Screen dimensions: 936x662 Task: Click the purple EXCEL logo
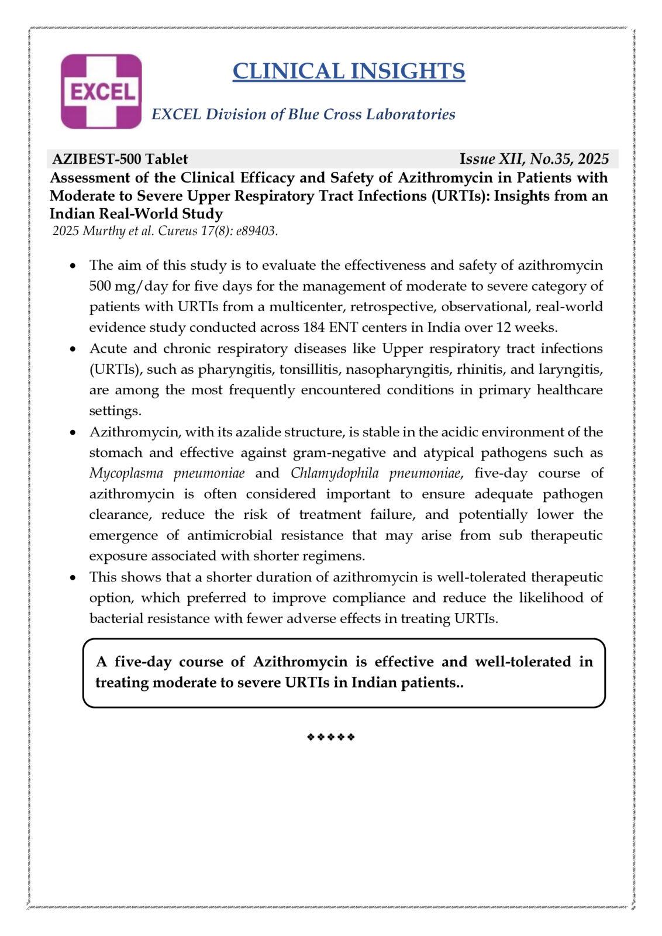click(102, 92)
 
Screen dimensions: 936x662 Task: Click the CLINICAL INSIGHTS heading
click(349, 71)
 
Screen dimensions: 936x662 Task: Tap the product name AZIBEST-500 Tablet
click(120, 159)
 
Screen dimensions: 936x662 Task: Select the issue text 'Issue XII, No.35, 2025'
click(534, 159)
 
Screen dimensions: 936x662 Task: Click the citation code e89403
click(256, 231)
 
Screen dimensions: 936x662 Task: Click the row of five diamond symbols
click(331, 737)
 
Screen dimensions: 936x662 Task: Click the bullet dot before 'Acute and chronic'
click(73, 349)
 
